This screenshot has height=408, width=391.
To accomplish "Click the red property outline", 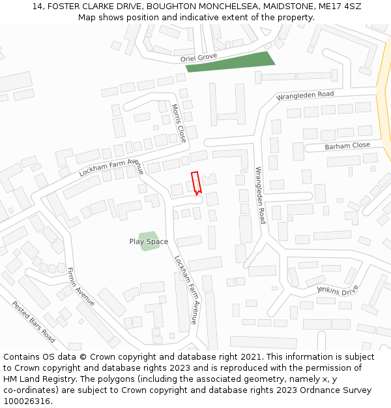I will click(195, 182).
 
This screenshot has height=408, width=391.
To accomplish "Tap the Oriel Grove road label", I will click(199, 58).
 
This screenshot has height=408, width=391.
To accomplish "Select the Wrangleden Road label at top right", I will click(305, 95).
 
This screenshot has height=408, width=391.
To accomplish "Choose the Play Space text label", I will click(149, 242).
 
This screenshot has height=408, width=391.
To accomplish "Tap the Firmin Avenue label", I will click(81, 287).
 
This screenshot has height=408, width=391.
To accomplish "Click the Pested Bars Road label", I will click(33, 322).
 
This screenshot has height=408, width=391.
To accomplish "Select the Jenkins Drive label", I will click(338, 289).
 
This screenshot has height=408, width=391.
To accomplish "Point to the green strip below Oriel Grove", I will click(230, 61).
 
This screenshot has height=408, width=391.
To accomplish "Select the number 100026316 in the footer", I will click(27, 401).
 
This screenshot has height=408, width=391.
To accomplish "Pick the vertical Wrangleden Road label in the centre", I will click(260, 195).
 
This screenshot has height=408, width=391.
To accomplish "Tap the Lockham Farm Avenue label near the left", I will click(111, 167).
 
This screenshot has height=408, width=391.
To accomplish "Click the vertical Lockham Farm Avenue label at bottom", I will click(185, 290).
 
